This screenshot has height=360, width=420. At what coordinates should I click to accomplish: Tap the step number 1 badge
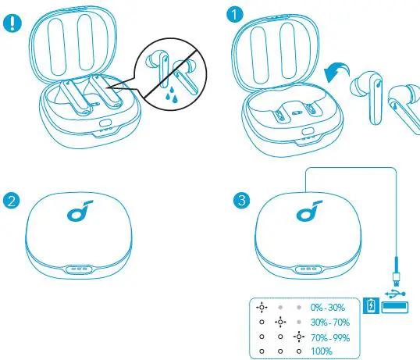click(x=235, y=14)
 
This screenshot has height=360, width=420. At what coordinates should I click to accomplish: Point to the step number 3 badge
click(x=243, y=200)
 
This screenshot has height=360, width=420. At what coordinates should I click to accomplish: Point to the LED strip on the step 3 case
click(x=307, y=266)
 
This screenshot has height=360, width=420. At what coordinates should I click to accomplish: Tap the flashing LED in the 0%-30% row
click(x=262, y=306)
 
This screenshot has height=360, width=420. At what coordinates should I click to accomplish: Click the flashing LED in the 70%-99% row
click(x=298, y=337)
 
